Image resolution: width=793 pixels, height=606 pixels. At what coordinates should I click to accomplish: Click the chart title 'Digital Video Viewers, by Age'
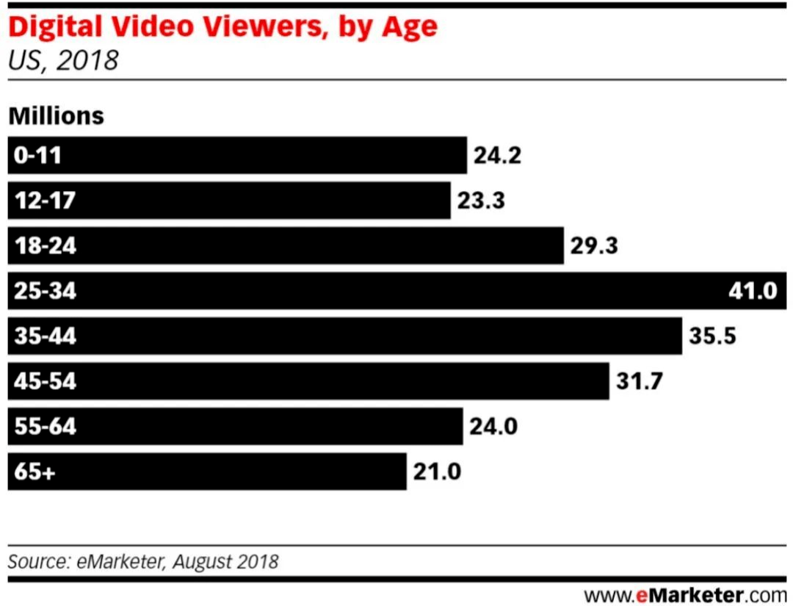[x=222, y=27]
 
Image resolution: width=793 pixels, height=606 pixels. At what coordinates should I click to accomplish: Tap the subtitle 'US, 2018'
[x=62, y=60]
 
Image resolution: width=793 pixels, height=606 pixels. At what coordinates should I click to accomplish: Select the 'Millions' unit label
[x=56, y=116]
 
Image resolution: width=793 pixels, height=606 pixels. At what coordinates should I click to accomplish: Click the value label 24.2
[x=497, y=156]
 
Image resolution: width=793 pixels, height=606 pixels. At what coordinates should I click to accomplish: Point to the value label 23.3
[x=481, y=201]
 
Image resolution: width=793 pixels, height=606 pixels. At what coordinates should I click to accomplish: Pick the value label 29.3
[x=594, y=246]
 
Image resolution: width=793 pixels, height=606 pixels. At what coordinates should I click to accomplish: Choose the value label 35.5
[x=712, y=336]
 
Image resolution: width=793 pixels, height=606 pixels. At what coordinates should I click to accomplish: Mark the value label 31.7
[x=640, y=381]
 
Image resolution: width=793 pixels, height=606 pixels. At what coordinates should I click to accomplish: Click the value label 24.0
[x=493, y=427]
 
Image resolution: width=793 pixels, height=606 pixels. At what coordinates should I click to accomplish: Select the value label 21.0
[x=437, y=472]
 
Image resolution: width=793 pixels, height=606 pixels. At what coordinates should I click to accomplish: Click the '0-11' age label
[x=37, y=156]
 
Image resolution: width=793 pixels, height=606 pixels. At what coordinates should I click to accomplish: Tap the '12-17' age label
[x=44, y=201]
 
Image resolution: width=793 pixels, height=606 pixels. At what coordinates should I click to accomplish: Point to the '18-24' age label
[x=45, y=246]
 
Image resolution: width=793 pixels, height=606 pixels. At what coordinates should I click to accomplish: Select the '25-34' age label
[x=45, y=291]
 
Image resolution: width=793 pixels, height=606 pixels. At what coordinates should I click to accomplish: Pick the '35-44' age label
[x=45, y=336]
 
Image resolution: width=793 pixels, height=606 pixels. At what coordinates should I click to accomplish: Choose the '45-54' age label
[x=45, y=381]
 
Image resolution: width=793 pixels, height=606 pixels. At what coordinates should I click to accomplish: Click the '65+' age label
[x=35, y=472]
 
